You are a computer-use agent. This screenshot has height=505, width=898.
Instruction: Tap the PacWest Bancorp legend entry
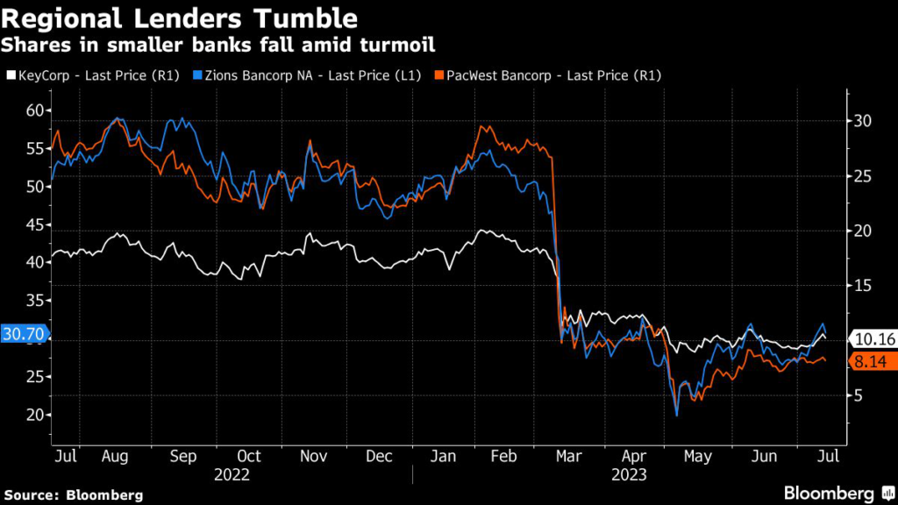(547, 75)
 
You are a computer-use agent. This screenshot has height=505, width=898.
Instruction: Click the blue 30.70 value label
(24, 334)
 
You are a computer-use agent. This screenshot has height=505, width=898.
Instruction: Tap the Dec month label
(379, 457)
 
